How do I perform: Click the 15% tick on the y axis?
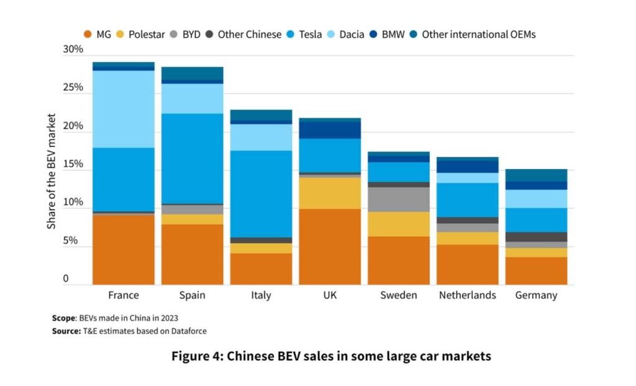[x=73, y=165]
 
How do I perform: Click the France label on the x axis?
[x=123, y=295]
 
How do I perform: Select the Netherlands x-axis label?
[x=467, y=295]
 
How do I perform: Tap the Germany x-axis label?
[x=536, y=295]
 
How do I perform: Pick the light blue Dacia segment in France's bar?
[x=123, y=109]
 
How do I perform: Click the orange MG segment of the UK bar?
[x=330, y=247]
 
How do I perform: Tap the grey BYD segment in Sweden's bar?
[x=399, y=200]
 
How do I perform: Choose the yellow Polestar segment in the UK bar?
[x=330, y=193]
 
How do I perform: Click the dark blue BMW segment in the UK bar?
[x=330, y=130]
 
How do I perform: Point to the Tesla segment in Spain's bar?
[x=192, y=159]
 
